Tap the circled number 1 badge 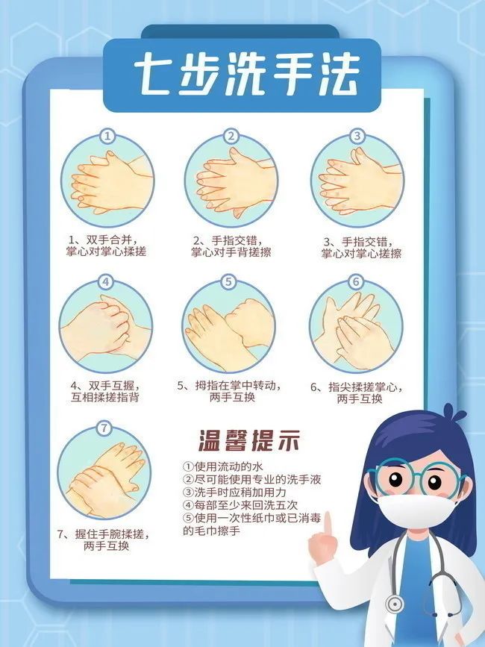(x=108, y=137)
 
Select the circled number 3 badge (x=357, y=136)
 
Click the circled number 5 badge (x=229, y=282)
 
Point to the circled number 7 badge (x=104, y=428)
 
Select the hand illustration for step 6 (x=356, y=328)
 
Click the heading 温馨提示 (x=249, y=441)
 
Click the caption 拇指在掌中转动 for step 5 (x=230, y=386)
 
